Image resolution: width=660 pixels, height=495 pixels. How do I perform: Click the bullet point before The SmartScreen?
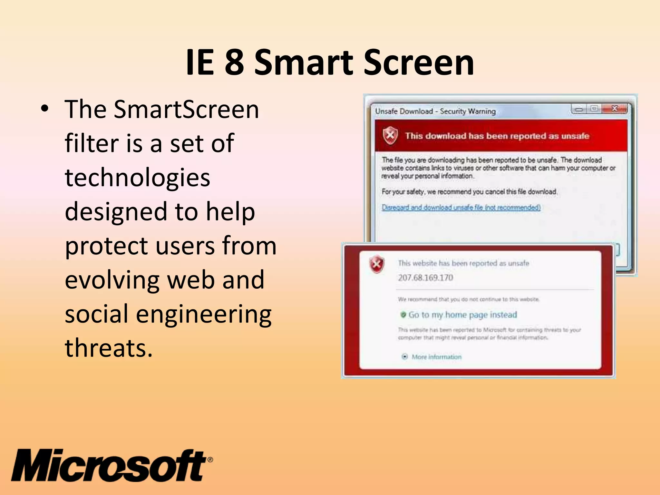click(44, 109)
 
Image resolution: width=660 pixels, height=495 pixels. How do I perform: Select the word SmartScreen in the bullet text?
click(186, 110)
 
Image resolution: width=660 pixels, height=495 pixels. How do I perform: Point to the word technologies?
click(138, 178)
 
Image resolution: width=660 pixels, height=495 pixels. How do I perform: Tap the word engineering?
click(204, 315)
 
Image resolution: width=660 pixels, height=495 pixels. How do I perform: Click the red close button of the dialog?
click(615, 109)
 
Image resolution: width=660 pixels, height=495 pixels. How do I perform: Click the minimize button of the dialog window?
click(579, 109)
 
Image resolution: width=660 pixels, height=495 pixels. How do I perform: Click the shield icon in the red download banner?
click(390, 135)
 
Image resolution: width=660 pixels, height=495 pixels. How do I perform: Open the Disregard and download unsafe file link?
click(461, 207)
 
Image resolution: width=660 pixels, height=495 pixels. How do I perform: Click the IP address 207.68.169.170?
click(425, 278)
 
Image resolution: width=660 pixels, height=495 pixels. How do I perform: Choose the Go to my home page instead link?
click(462, 315)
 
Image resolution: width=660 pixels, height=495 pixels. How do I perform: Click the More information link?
click(436, 357)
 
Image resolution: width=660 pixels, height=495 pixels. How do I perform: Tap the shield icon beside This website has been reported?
click(377, 264)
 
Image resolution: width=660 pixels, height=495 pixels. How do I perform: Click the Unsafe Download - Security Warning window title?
click(435, 111)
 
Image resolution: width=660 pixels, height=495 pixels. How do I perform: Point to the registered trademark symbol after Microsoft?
click(210, 460)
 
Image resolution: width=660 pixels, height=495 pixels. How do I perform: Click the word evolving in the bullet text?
click(112, 280)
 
